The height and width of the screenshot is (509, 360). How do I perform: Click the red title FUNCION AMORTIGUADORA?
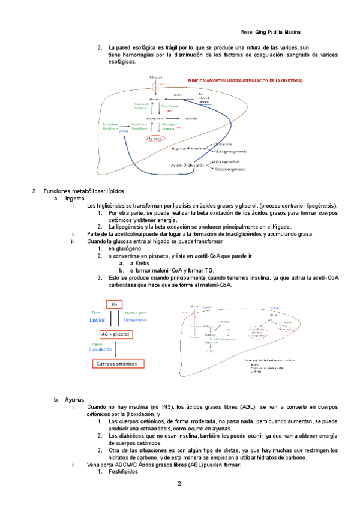244,80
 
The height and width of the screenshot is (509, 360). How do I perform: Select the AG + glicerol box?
115,334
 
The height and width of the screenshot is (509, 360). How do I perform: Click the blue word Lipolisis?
97,321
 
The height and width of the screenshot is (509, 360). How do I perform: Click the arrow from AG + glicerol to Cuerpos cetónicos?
115,349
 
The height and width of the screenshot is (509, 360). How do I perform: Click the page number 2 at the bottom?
179,483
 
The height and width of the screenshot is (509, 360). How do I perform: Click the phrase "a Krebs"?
140,263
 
